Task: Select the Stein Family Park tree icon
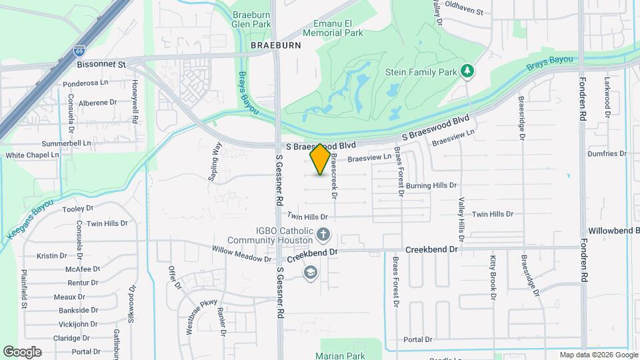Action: (x=469, y=70)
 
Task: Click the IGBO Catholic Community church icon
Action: (x=323, y=234)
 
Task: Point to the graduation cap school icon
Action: (x=310, y=273)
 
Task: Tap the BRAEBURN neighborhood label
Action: (x=276, y=45)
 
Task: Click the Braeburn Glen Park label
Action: (x=251, y=19)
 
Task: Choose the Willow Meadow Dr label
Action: (x=241, y=254)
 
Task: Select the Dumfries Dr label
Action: (x=607, y=153)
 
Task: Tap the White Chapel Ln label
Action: (x=33, y=155)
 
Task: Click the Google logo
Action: (x=22, y=351)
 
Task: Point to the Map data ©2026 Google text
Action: (x=598, y=355)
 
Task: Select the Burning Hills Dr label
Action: (x=431, y=185)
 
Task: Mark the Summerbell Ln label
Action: (x=66, y=143)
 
